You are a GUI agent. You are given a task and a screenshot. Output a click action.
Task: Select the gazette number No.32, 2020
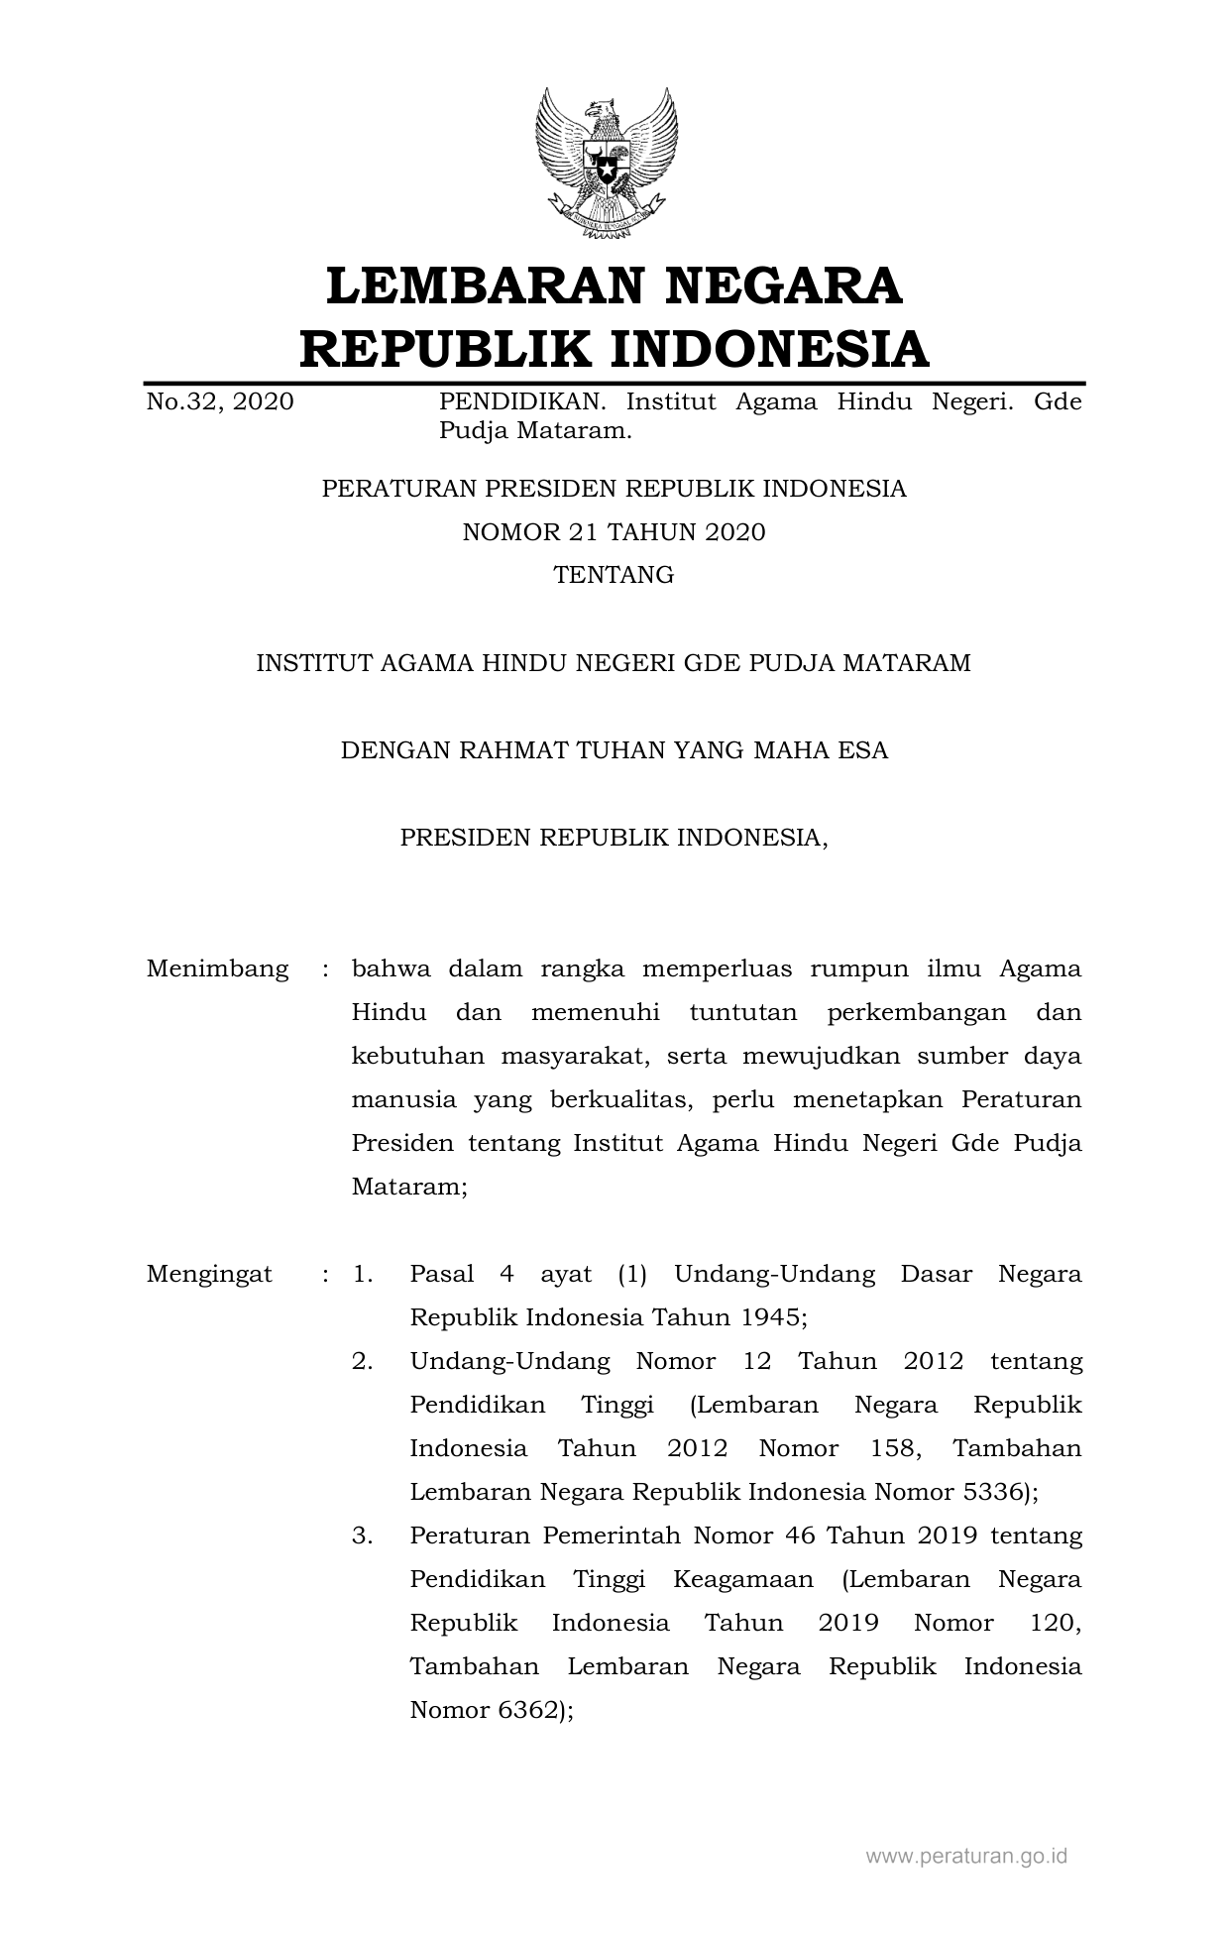[x=220, y=402]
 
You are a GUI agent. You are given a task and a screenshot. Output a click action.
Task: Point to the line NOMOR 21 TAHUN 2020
[x=615, y=532]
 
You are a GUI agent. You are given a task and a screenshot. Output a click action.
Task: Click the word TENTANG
[x=615, y=575]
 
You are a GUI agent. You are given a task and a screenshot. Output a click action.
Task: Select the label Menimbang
[x=218, y=968]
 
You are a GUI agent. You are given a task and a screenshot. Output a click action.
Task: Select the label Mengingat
[x=209, y=1274]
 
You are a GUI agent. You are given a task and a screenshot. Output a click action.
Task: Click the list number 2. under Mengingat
[x=363, y=1361]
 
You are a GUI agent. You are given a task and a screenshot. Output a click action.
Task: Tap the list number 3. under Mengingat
[x=363, y=1535]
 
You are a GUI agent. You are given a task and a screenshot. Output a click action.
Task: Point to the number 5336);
[x=1000, y=1492]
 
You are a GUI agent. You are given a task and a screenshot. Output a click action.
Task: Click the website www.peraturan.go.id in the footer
[x=966, y=1856]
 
